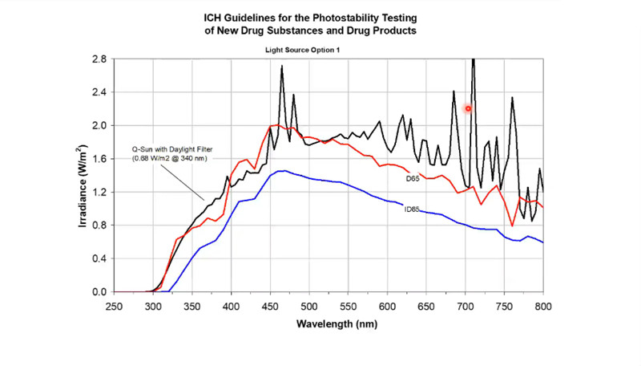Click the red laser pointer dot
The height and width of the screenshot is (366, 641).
point(468,108)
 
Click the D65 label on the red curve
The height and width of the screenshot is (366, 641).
point(413,178)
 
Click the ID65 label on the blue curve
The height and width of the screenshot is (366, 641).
point(412,209)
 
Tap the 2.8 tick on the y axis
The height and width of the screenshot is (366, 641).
point(97,59)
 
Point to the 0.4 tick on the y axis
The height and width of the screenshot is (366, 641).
point(97,258)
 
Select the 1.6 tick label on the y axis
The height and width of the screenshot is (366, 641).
point(97,159)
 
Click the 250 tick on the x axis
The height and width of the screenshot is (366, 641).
point(114,306)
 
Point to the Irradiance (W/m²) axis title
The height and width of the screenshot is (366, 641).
point(83,176)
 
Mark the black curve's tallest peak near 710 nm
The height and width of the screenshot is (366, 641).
point(473,61)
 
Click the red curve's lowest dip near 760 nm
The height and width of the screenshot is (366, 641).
point(513,226)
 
